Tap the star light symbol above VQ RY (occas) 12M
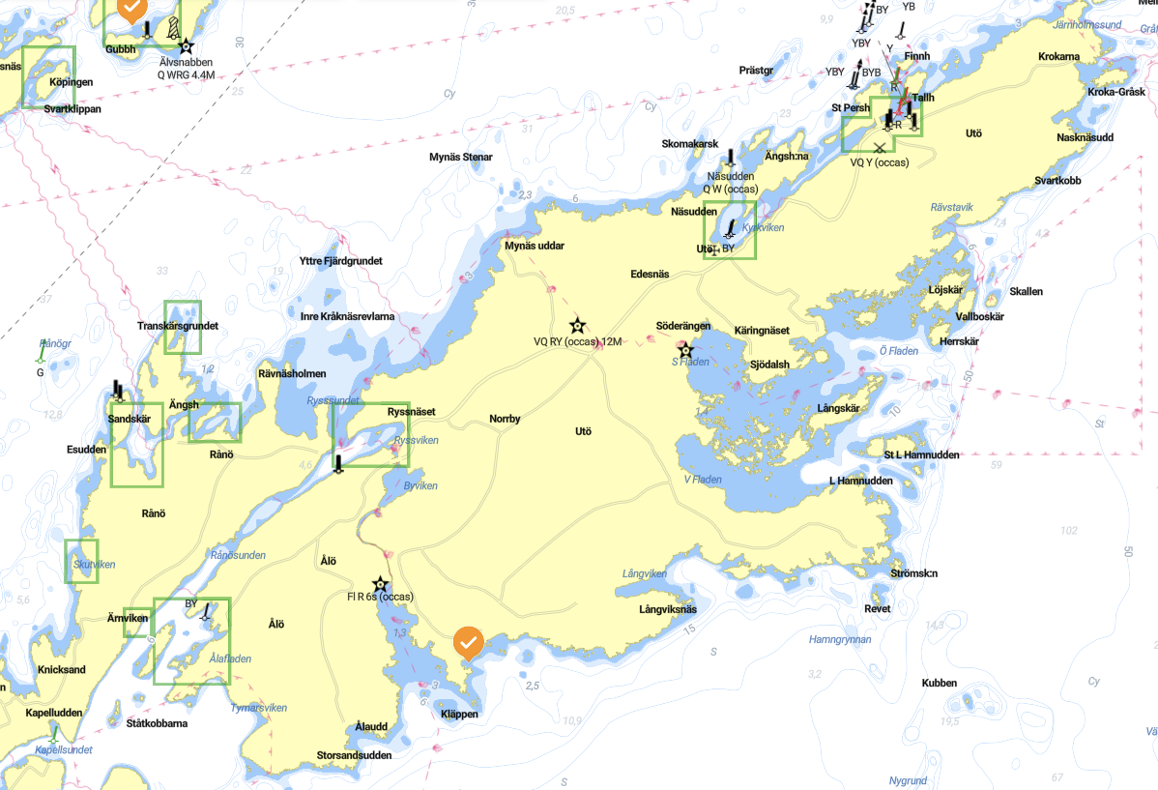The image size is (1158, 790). click(x=577, y=325)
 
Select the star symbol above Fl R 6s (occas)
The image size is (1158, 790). click(x=381, y=584)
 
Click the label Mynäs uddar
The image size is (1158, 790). click(x=535, y=246)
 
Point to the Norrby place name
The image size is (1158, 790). click(x=505, y=419)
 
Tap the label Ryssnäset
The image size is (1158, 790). click(x=411, y=412)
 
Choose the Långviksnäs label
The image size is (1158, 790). click(x=668, y=609)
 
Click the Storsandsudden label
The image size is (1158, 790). click(x=355, y=755)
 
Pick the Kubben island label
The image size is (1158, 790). click(x=939, y=683)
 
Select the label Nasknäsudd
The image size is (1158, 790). click(x=1085, y=137)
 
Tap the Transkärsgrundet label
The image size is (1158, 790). click(x=178, y=326)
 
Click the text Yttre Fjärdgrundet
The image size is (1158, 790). click(x=341, y=261)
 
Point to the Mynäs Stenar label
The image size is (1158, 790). click(x=461, y=157)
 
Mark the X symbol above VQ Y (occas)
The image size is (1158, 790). click(x=879, y=148)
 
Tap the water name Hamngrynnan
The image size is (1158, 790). click(x=840, y=639)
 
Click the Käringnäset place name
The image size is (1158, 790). click(x=762, y=330)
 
